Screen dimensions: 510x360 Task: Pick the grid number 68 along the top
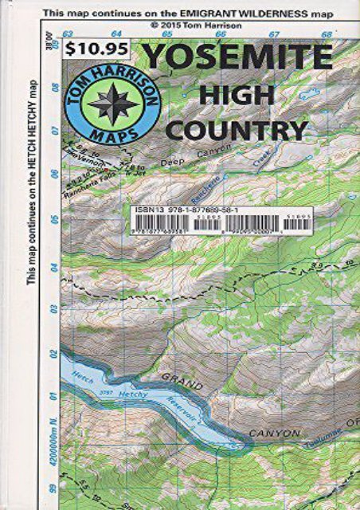[327, 34]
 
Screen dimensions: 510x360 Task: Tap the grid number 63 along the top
[68, 34]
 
